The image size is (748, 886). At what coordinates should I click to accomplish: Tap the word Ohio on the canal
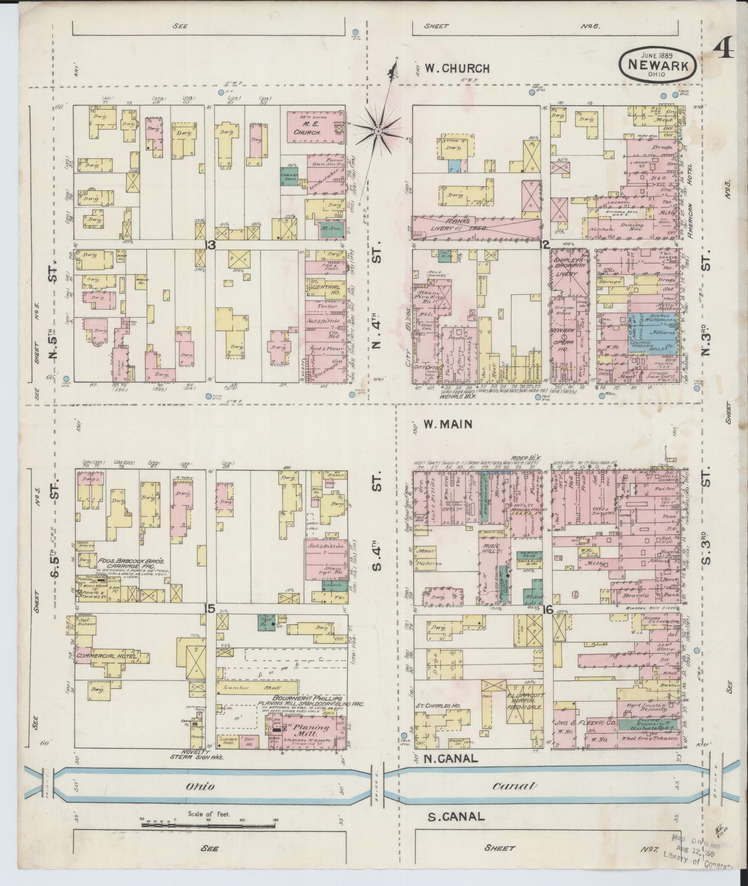coord(200,786)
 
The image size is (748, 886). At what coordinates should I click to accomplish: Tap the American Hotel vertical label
coord(690,207)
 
